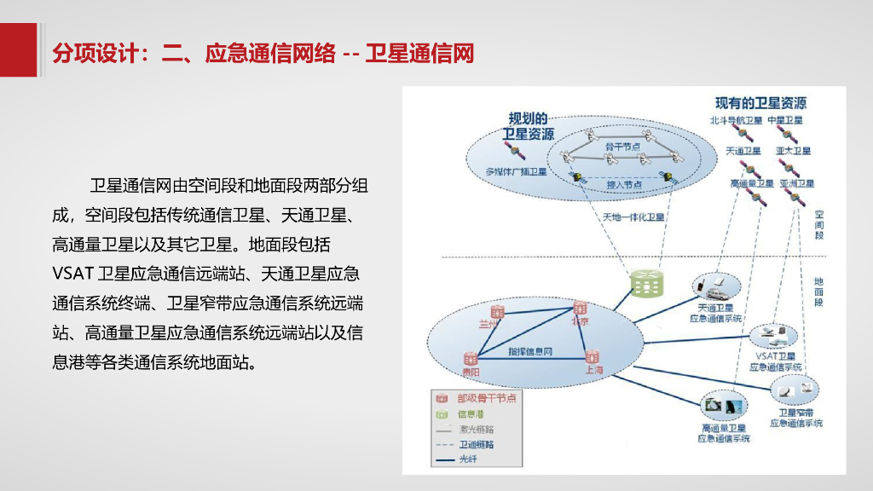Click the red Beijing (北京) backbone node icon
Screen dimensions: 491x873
(x=581, y=309)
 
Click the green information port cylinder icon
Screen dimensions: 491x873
(x=647, y=280)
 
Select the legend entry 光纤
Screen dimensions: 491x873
(x=469, y=459)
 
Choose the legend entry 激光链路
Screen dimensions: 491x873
(x=477, y=429)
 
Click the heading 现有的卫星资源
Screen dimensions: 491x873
(x=760, y=103)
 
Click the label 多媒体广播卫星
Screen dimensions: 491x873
(x=516, y=171)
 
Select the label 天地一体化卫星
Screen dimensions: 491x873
(x=633, y=217)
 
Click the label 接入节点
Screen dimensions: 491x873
(x=624, y=183)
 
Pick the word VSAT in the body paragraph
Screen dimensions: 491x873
(x=72, y=274)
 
